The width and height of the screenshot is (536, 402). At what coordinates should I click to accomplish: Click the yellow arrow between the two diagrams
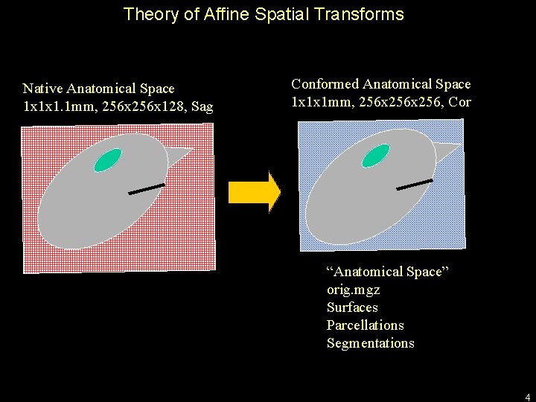254,192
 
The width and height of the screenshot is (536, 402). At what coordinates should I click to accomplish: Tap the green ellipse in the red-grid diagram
109,159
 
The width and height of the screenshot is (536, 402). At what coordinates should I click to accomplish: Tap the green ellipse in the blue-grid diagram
376,155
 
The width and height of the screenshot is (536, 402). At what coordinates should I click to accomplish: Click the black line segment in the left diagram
147,188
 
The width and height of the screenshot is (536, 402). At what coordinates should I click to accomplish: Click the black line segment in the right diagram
415,184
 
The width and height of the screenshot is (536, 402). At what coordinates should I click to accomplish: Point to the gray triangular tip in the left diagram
179,156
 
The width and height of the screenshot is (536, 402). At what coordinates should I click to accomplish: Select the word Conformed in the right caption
325,84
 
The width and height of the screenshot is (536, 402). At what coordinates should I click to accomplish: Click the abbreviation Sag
202,106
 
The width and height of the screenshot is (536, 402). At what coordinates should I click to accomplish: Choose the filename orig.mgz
353,290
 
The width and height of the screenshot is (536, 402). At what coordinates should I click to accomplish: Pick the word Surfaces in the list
352,307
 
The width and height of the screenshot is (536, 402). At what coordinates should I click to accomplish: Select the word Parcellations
365,325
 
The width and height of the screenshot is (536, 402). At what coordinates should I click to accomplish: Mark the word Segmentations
370,343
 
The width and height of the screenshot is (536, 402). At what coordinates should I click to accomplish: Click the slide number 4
527,396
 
